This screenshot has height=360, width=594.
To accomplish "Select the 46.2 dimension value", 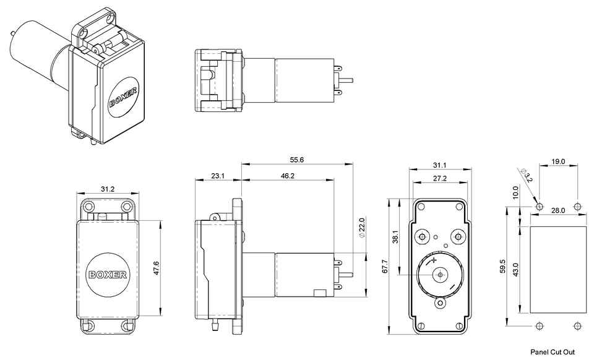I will pyautogui.click(x=287, y=176).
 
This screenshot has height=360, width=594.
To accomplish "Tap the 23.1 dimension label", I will pyautogui.click(x=217, y=176).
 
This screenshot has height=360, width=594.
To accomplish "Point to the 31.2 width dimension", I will pyautogui.click(x=107, y=189).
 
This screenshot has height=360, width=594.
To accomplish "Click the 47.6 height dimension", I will pyautogui.click(x=156, y=268).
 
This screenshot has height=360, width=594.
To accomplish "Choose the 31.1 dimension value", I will pyautogui.click(x=439, y=165).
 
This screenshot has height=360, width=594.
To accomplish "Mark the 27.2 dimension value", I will pyautogui.click(x=439, y=179).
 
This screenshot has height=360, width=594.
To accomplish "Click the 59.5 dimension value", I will pyautogui.click(x=502, y=267).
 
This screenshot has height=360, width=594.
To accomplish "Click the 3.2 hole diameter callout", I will pyautogui.click(x=527, y=177).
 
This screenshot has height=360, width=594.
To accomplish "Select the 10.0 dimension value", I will pyautogui.click(x=516, y=192).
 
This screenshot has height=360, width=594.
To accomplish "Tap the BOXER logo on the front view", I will pyautogui.click(x=108, y=274).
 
